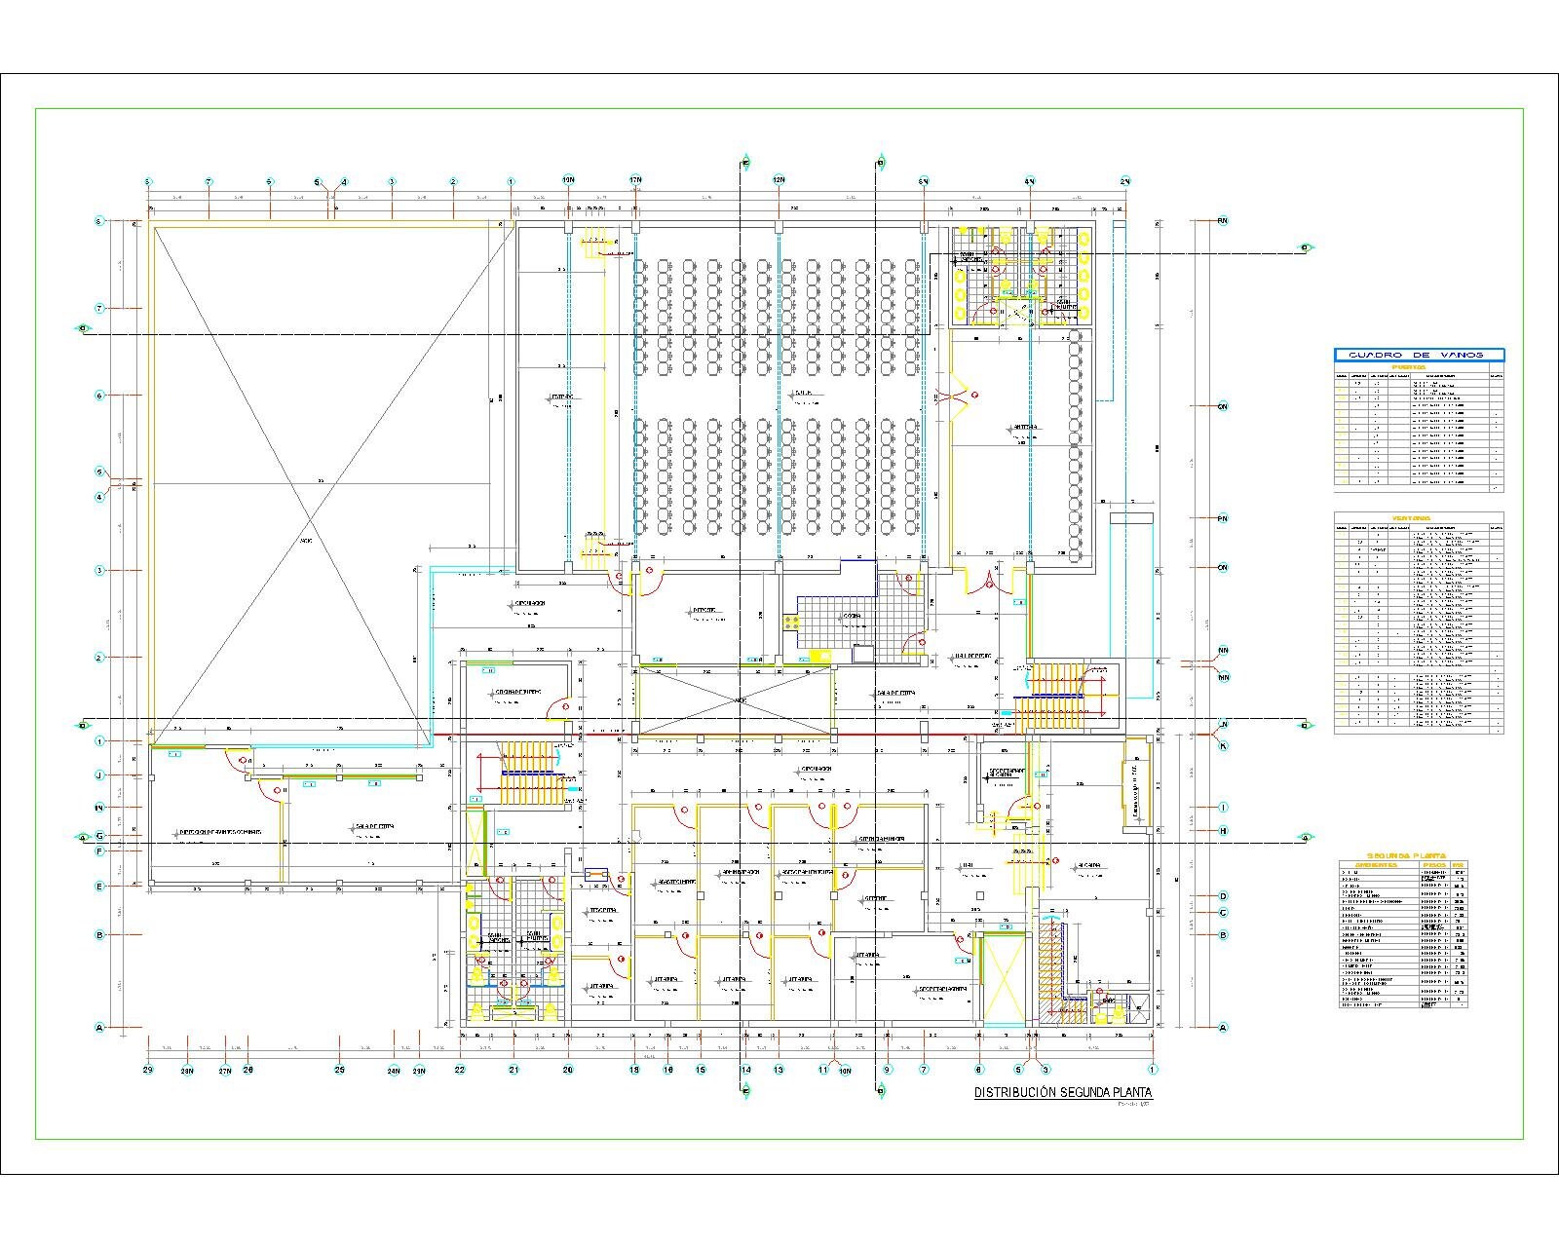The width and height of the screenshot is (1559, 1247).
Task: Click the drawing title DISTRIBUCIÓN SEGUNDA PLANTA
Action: [x=1063, y=1093]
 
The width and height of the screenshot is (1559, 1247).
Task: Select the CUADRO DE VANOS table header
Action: [x=1419, y=355]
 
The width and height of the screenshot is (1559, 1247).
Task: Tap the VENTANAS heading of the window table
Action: [x=1418, y=517]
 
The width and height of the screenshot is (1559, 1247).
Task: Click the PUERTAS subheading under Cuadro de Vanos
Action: [x=1418, y=368]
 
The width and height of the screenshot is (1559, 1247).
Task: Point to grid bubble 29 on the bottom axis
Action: [x=148, y=1070]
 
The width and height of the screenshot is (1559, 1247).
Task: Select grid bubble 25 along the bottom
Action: [x=339, y=1070]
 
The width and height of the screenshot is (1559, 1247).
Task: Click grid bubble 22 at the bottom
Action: [x=460, y=1070]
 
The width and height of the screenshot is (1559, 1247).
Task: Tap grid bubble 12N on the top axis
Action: [x=779, y=181]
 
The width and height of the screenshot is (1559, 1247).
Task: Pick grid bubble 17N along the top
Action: [x=635, y=181]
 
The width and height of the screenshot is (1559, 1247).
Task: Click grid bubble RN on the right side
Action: [x=1222, y=221]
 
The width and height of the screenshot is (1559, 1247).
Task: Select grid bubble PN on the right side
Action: [x=1222, y=519]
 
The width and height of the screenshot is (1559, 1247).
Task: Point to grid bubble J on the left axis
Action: [x=99, y=775]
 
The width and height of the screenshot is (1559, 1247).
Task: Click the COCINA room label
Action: [x=853, y=617]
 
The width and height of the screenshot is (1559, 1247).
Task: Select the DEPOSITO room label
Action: [x=703, y=612]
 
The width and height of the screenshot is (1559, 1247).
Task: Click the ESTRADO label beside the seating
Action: [x=561, y=397]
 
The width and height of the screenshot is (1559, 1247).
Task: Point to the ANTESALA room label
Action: [x=1025, y=428]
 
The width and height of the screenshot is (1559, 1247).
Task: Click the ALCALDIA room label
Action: [x=1088, y=865]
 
